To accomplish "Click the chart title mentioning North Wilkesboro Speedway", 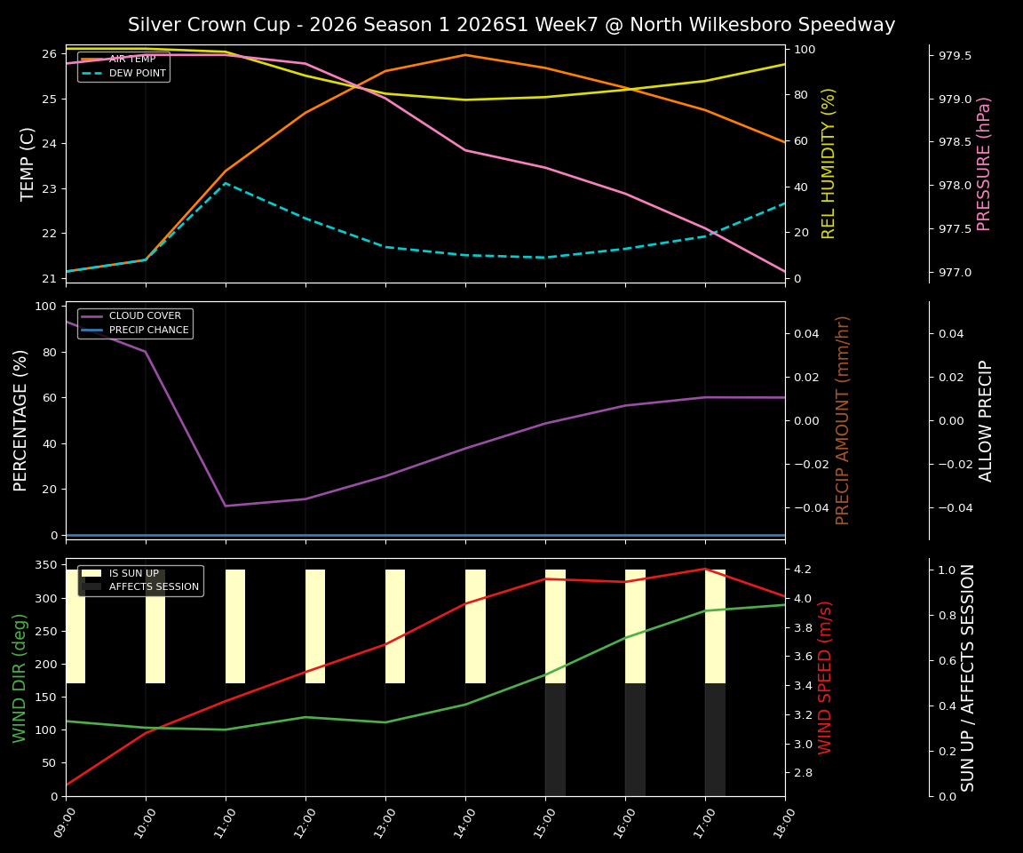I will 511,25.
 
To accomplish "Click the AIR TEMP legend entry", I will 131,60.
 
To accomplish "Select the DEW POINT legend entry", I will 137,73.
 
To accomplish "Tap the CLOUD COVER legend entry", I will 145,316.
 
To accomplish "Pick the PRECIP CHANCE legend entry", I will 148,331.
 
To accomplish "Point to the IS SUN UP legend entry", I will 133,574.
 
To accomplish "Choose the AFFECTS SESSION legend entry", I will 153,587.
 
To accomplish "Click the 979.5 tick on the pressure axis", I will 955,56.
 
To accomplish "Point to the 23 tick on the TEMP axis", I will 48,188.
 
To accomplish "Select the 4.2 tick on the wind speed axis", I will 803,569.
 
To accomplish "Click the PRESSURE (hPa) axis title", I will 984,163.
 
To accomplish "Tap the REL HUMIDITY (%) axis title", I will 829,163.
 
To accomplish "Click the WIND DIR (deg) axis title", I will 20,677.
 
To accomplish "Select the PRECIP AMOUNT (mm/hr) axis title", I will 843,419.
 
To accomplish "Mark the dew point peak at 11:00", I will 226,182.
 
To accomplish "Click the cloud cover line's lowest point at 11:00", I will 226,506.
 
